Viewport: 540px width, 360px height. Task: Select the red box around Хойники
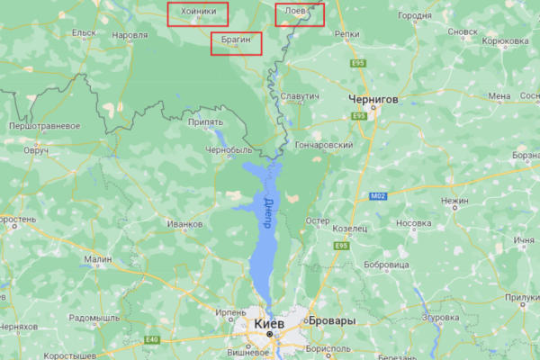198,13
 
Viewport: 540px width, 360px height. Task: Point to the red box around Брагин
236,43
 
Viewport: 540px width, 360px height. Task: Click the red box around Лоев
299,14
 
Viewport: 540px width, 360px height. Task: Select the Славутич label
301,95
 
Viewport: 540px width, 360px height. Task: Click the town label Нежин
455,201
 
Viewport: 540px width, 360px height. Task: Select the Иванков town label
185,224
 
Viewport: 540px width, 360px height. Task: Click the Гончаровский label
323,144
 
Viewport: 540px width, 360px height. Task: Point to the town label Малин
98,258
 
